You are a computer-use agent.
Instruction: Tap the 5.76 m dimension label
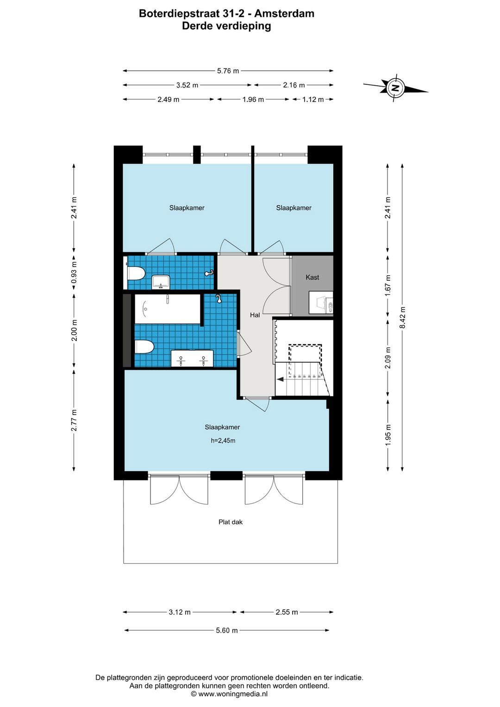click(x=228, y=71)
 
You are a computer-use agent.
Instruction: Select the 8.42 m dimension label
click(x=402, y=317)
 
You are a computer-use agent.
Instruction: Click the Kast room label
click(x=312, y=278)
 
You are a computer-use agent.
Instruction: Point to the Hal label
click(x=255, y=315)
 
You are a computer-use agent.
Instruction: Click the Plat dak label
click(x=231, y=522)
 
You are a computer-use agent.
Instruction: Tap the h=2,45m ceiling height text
click(x=223, y=441)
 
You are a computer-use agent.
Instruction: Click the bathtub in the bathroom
click(x=168, y=309)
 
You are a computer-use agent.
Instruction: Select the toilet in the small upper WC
click(x=136, y=273)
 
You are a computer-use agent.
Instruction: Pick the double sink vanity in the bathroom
click(x=192, y=359)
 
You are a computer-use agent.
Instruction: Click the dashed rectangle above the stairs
click(x=305, y=360)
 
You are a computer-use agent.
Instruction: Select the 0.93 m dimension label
click(x=74, y=272)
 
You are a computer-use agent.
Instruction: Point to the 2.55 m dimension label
click(x=287, y=612)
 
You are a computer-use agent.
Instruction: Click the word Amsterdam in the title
click(x=284, y=13)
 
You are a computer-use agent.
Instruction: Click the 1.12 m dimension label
click(x=313, y=100)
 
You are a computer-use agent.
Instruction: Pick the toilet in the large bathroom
click(x=144, y=347)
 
